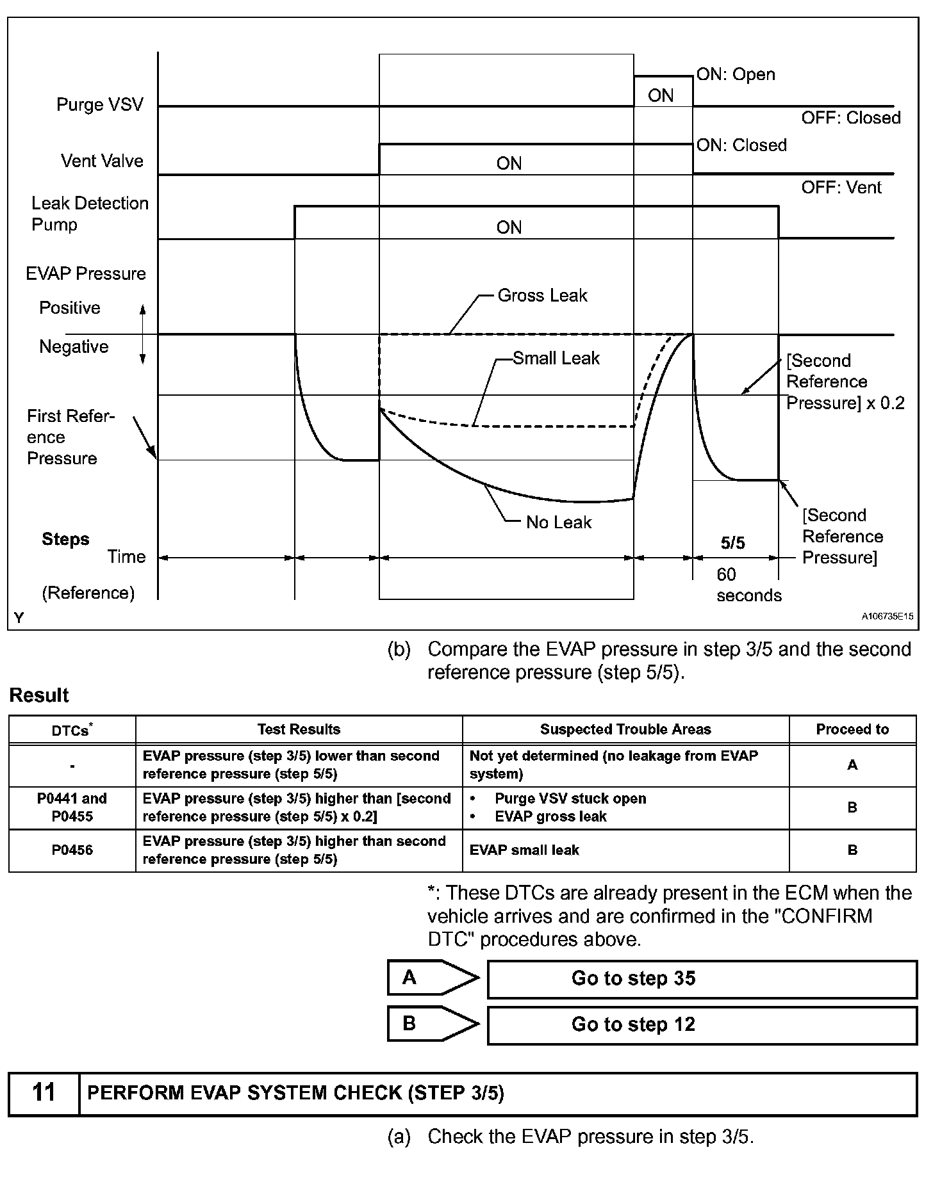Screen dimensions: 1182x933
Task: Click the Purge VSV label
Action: (100, 104)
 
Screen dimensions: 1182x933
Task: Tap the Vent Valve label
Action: (102, 161)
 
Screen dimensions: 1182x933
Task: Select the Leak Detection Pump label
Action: (90, 214)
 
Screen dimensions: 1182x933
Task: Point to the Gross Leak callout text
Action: (542, 295)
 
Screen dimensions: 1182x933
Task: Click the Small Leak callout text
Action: (556, 358)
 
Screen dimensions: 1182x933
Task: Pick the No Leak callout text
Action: (559, 522)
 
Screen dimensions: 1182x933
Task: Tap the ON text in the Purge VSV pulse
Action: (661, 95)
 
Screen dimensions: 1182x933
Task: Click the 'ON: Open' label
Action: (736, 74)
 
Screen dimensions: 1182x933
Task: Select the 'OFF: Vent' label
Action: (841, 188)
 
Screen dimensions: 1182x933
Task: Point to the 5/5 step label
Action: (733, 543)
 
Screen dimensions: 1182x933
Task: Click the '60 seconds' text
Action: (748, 585)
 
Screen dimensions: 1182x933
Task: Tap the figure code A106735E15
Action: (887, 616)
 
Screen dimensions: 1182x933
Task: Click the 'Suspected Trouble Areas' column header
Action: (625, 729)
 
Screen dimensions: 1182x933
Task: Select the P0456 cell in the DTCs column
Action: (72, 850)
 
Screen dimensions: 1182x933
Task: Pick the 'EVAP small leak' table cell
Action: (524, 850)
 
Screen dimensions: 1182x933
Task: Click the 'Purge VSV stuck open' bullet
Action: (570, 798)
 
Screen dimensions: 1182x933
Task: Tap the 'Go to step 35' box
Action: (702, 978)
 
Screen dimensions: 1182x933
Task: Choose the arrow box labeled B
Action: (432, 1024)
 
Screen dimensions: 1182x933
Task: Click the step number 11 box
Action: (44, 1092)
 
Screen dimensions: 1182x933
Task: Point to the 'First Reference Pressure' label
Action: (70, 437)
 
